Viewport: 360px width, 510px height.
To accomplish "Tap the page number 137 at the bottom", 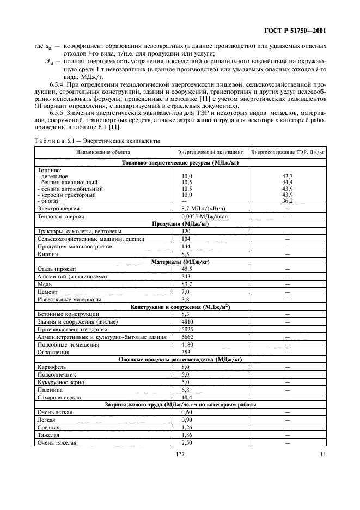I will click(179, 454).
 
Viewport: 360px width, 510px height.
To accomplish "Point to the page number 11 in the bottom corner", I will click(323, 454).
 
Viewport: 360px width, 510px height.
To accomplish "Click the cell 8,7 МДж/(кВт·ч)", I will click(199, 209).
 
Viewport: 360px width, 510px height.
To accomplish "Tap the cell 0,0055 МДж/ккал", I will click(202, 217).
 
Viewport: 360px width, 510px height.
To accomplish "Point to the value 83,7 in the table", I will click(188, 284).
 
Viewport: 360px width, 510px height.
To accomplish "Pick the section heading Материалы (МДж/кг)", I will click(180, 262).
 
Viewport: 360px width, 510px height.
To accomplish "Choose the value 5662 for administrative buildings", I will click(188, 337).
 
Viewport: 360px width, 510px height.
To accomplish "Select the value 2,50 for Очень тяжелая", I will click(187, 443).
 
